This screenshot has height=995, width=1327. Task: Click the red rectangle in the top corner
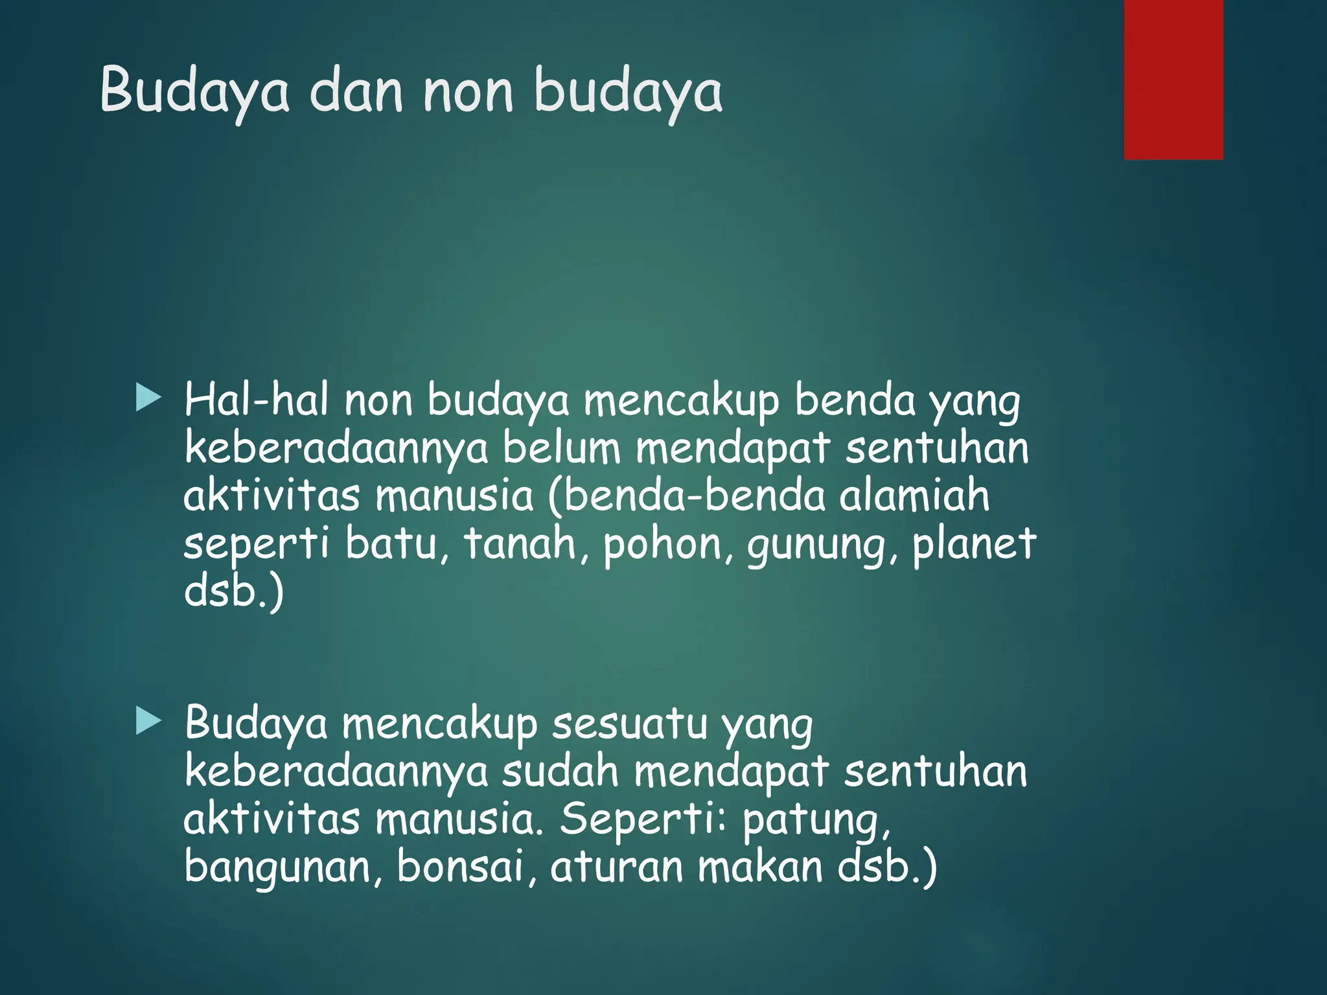pyautogui.click(x=1173, y=79)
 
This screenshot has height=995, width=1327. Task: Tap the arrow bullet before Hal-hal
pyautogui.click(x=148, y=398)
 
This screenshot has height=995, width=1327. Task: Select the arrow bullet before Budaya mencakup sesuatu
pyautogui.click(x=148, y=721)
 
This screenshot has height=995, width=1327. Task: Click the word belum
pyautogui.click(x=561, y=448)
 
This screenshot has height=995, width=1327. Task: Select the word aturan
pyautogui.click(x=616, y=867)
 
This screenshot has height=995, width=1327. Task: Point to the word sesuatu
pyautogui.click(x=629, y=724)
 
